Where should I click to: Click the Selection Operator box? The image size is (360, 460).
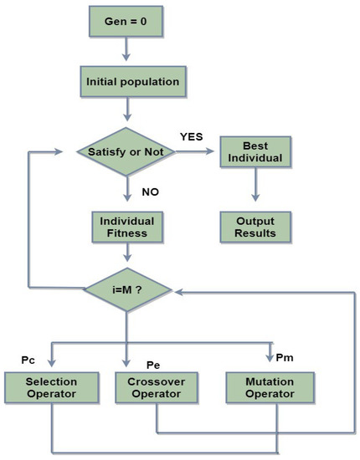coord(52,386)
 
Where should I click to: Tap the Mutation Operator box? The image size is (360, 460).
coord(269,386)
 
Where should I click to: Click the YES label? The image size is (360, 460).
coord(192,135)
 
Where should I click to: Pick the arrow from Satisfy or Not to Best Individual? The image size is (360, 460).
coord(194,152)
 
